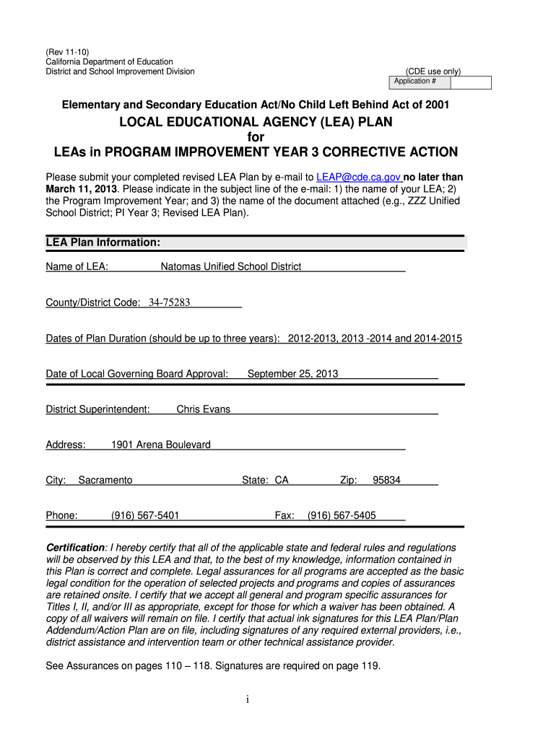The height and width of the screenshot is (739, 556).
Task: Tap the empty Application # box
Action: click(472, 82)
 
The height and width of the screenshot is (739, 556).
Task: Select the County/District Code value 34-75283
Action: click(169, 302)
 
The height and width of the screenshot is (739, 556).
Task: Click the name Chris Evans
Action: click(204, 409)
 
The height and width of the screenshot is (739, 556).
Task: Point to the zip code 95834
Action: click(386, 480)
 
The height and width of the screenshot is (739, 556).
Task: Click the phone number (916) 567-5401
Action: click(145, 515)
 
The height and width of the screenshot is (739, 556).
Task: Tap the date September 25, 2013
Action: click(292, 374)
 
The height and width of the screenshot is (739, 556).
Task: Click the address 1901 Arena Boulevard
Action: click(160, 445)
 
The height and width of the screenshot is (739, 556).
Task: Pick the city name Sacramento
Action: click(105, 480)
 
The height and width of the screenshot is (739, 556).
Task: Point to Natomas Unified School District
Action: click(230, 267)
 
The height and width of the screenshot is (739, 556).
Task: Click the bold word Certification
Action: click(76, 548)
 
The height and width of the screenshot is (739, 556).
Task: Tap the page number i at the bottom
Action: click(247, 699)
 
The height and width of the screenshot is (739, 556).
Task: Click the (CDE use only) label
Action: click(433, 71)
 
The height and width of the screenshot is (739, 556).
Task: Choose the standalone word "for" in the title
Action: click(256, 137)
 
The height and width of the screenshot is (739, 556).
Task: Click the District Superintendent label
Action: click(97, 409)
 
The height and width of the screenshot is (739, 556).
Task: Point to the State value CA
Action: click(282, 480)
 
